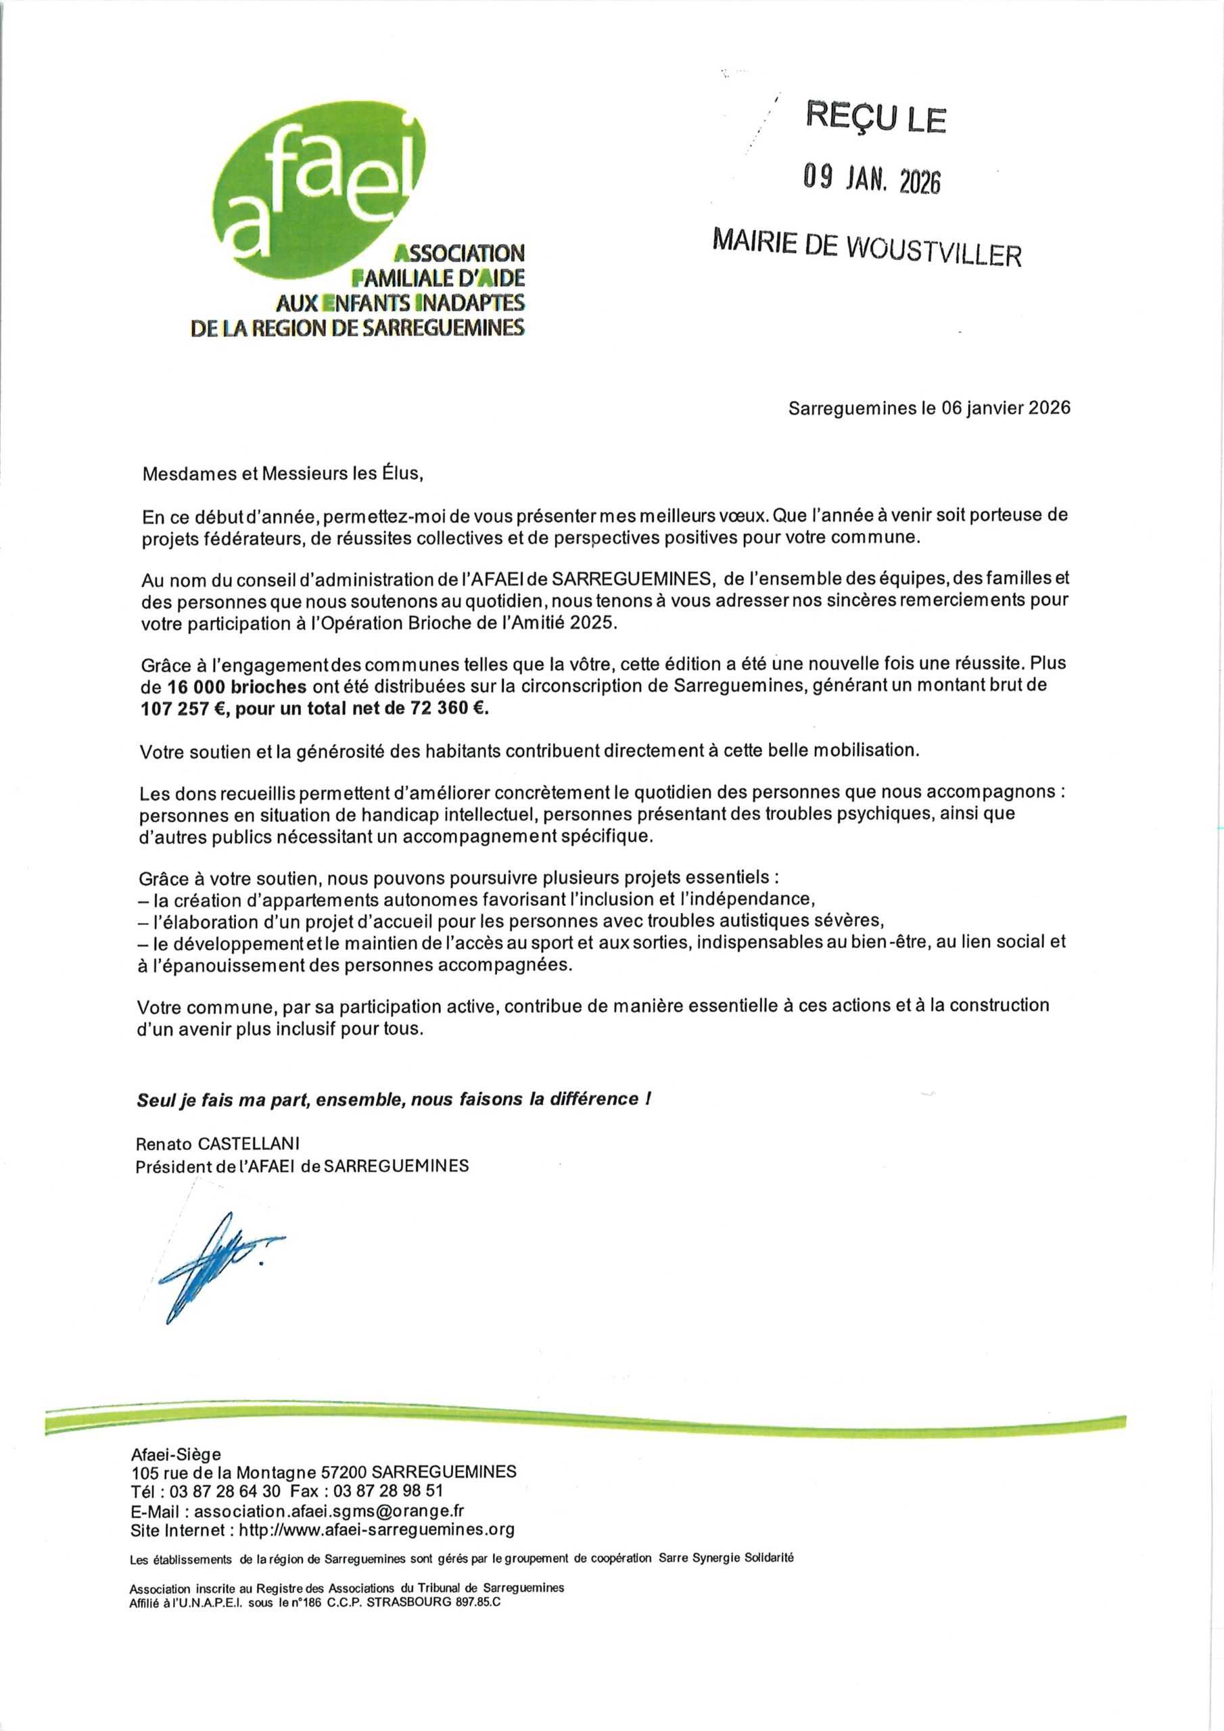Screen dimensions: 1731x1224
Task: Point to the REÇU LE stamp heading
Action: (876, 118)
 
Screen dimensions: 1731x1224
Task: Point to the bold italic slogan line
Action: (393, 1099)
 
